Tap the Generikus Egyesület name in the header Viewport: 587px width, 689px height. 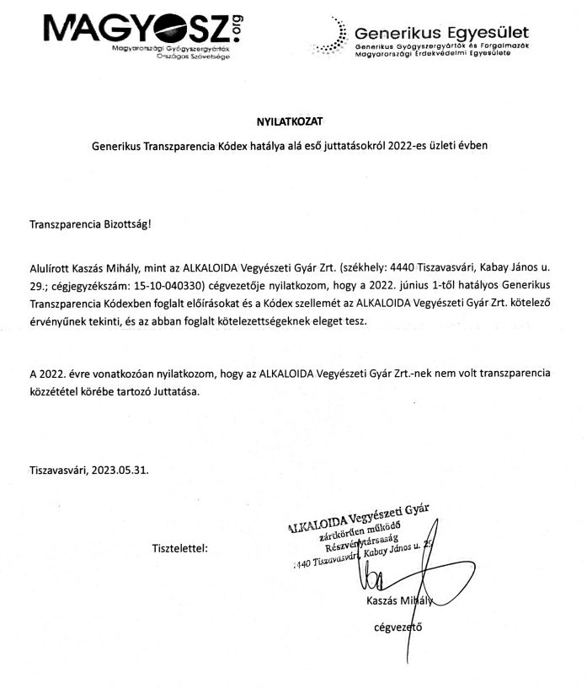(442, 32)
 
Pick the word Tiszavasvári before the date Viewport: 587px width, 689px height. (60, 468)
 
